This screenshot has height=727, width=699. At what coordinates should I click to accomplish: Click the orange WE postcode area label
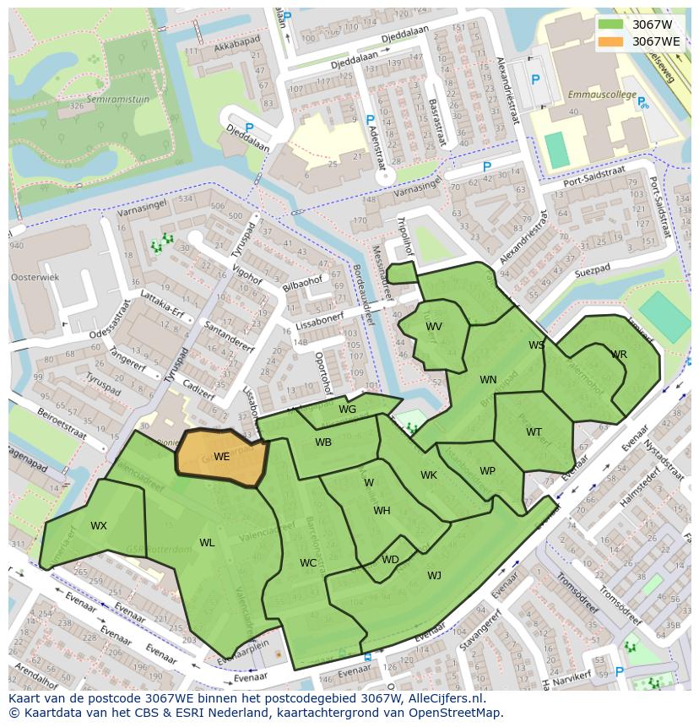click(x=221, y=456)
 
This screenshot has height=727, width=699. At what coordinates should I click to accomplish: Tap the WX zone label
click(x=99, y=526)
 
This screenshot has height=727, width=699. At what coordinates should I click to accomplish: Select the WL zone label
click(x=207, y=543)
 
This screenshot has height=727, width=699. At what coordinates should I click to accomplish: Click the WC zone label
click(x=308, y=563)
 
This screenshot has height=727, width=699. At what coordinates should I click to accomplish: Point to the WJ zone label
click(x=434, y=576)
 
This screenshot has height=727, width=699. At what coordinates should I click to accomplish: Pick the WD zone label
click(x=390, y=560)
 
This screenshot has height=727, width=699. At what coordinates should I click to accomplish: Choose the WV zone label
click(x=434, y=327)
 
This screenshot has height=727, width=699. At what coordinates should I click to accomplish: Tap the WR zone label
click(x=619, y=355)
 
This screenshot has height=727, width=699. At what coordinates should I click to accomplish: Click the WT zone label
click(x=534, y=432)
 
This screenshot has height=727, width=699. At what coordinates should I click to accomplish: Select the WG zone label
click(x=347, y=410)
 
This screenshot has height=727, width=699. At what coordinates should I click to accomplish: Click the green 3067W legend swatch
click(x=610, y=24)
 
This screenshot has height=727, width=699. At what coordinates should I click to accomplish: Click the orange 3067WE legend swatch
click(x=610, y=41)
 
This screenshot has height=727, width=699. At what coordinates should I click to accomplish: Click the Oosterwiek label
click(x=35, y=277)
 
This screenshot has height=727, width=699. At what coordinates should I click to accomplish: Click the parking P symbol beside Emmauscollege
click(x=534, y=79)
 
